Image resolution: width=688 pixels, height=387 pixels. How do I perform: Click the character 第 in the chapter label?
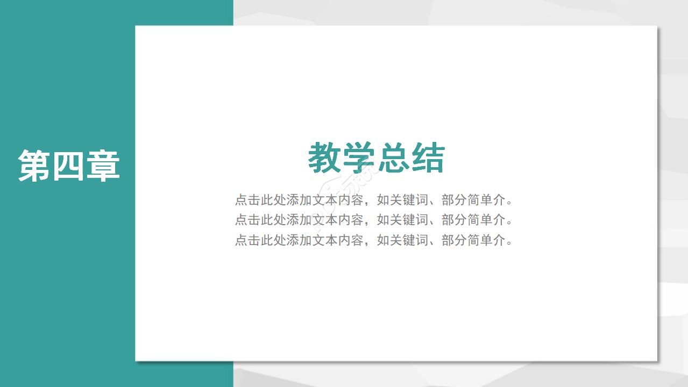click(35, 166)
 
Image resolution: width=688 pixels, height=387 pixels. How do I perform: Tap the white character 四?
click(69, 166)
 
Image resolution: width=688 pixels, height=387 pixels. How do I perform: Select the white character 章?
click(103, 166)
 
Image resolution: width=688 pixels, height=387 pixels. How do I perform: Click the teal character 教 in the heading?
click(325, 158)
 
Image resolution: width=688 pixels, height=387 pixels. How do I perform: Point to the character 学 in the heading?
click(359, 158)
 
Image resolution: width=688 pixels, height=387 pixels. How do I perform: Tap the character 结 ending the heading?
click(428, 158)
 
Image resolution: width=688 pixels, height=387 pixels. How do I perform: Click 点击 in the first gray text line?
click(247, 200)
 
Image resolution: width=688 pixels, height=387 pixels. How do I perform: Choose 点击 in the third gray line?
click(247, 240)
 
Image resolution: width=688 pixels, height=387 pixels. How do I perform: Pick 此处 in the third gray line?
click(273, 240)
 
